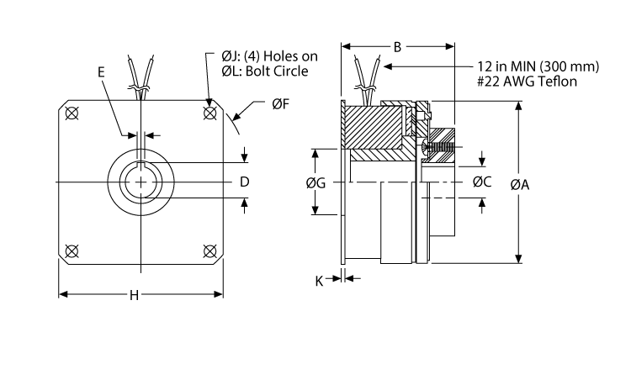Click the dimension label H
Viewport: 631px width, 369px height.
tap(134, 295)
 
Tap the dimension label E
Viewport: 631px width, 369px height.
tap(102, 73)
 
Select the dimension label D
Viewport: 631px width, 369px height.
tap(243, 182)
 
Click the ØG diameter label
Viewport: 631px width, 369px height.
tap(317, 183)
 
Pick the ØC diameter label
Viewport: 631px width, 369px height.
tap(482, 182)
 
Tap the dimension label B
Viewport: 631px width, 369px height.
tap(397, 47)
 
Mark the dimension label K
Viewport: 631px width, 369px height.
tap(320, 280)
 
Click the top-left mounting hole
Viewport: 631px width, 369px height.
tap(71, 112)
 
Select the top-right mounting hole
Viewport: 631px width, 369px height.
tap(209, 112)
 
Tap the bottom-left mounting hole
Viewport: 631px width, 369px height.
tap(71, 250)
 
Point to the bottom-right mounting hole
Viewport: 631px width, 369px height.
tap(209, 250)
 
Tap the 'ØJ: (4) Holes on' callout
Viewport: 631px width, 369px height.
tap(270, 56)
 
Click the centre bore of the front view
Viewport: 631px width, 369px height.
tap(140, 182)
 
